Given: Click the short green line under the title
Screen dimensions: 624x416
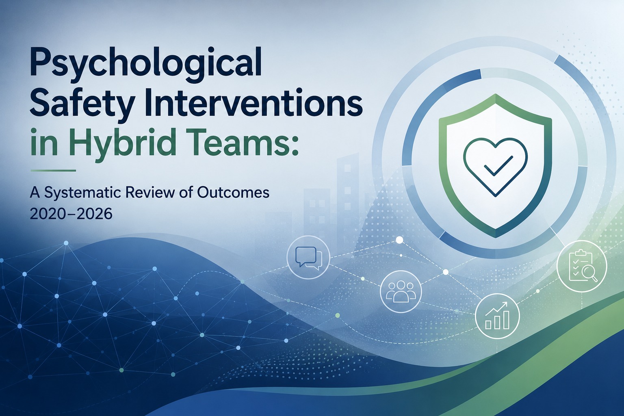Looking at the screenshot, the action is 53,171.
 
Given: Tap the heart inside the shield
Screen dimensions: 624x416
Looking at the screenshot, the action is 495,167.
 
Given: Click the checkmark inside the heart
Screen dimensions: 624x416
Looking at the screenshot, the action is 498,166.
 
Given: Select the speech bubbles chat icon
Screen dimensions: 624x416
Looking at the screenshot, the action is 308,258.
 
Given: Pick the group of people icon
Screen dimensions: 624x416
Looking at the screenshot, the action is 401,291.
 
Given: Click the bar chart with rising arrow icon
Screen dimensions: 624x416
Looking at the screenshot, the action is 497,316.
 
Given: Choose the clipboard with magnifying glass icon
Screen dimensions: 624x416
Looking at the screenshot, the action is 582,267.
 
